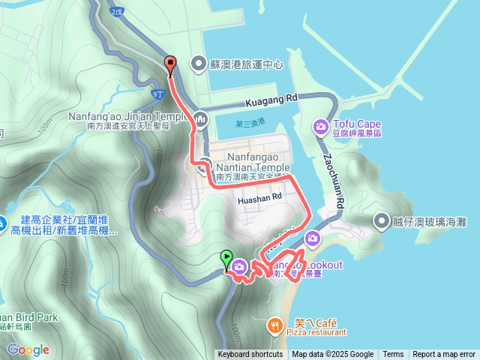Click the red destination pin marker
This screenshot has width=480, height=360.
[170, 65]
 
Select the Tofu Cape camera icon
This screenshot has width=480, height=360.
[321, 127]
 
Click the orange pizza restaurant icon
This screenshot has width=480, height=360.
[275, 325]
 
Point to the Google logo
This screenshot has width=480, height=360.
[28, 349]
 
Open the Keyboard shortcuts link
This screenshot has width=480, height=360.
[250, 355]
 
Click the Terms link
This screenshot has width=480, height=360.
[393, 355]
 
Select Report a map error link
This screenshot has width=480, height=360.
[444, 355]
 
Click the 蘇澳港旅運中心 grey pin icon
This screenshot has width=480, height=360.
[198, 63]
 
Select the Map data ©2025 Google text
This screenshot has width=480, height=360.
[332, 355]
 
